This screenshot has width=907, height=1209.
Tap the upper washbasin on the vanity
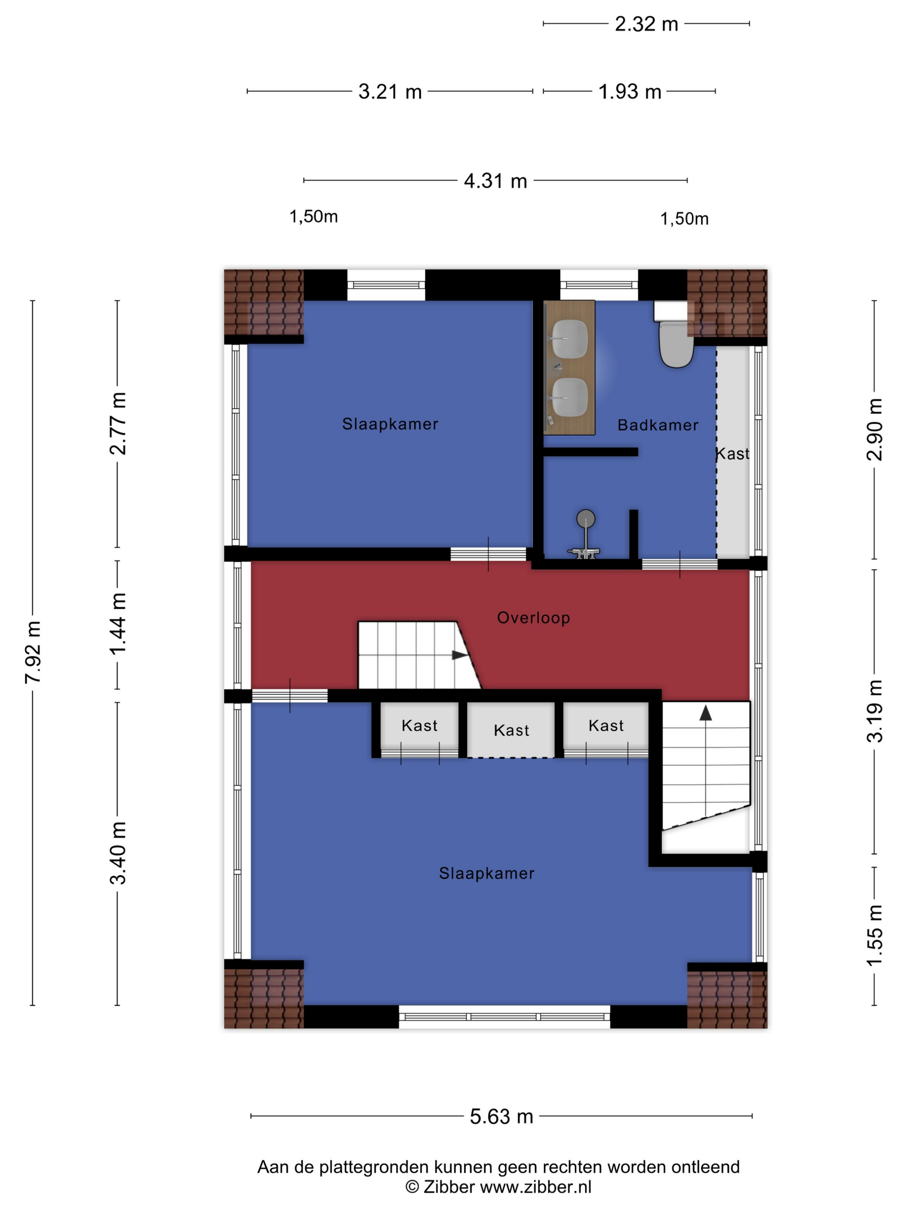pos(570,339)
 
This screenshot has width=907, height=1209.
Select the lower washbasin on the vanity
pos(570,397)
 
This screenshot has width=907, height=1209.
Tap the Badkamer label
pos(658,425)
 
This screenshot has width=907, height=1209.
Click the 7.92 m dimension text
pos(33,652)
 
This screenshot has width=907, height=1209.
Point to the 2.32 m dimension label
pos(646,24)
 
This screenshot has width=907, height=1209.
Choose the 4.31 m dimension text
pos(495,180)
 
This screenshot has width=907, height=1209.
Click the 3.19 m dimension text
pos(875,711)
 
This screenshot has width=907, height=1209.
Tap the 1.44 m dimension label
pos(117,624)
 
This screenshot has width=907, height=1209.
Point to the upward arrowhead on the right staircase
pos(706,713)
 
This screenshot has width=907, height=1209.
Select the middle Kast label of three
pos(511,730)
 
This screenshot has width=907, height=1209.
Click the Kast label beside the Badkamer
pos(733,454)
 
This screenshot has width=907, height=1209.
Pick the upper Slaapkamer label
pos(390,424)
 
